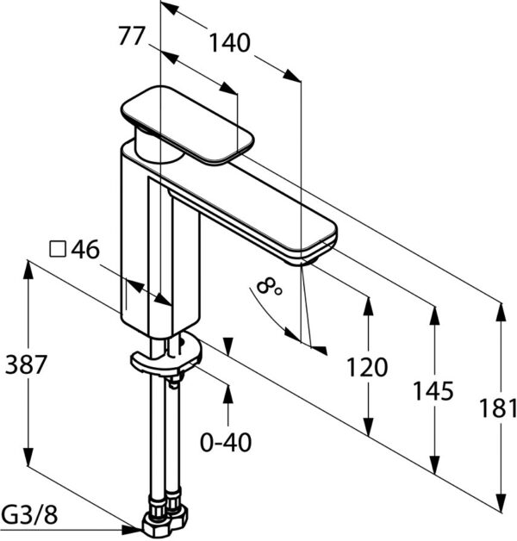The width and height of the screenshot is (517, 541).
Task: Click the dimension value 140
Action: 229,43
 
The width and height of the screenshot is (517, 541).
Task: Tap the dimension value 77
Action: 131,36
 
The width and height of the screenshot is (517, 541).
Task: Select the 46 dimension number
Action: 85,249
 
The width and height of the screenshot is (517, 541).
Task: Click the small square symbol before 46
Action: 58,250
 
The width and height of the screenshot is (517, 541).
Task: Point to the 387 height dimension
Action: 26,364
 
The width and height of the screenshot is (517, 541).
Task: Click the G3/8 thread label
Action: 29,515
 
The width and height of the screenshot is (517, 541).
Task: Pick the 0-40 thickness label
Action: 226,443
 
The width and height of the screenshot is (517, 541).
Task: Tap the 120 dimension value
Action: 367,367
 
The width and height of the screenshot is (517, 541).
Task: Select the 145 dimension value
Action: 433,391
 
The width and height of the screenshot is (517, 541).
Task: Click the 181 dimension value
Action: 498,408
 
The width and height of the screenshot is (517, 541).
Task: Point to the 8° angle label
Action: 269,287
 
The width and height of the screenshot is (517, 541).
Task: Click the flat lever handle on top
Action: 187,123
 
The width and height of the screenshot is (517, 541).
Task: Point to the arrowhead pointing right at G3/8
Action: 134,529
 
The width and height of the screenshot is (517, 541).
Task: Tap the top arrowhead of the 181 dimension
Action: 501,313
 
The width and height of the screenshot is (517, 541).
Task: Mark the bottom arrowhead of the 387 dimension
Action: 28,456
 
